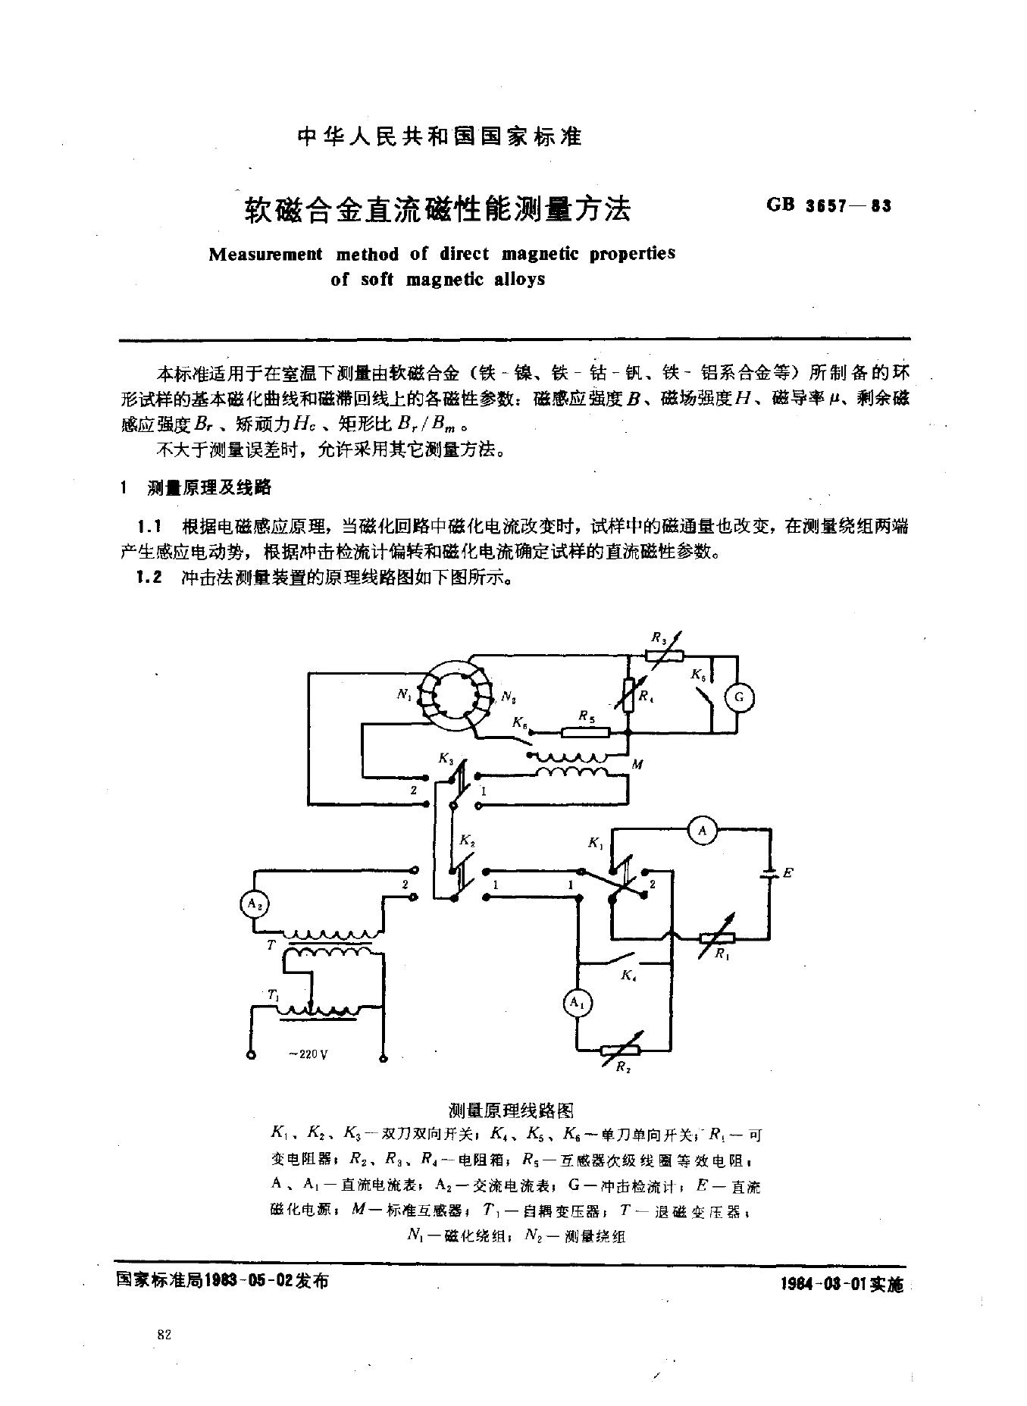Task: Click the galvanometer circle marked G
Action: [x=741, y=698]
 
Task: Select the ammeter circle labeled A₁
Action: [x=578, y=1003]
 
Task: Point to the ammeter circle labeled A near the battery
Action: [x=703, y=831]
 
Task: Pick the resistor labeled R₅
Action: [x=586, y=732]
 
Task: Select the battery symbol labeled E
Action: [x=771, y=874]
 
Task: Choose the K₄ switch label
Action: [x=628, y=976]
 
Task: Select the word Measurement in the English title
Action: [x=265, y=254]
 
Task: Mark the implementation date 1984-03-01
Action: [x=823, y=1284]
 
